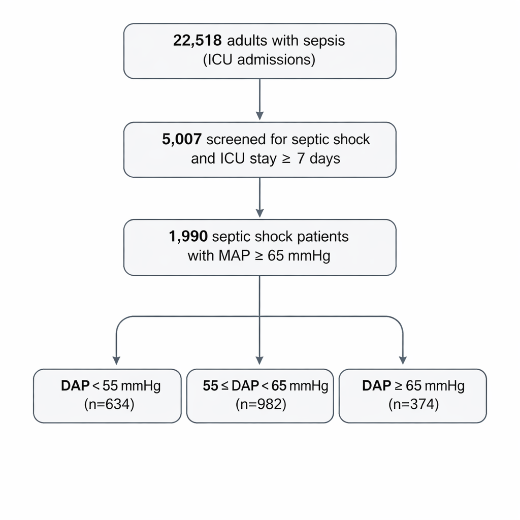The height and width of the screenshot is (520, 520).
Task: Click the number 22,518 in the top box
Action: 197,41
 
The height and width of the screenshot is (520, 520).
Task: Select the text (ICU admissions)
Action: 259,60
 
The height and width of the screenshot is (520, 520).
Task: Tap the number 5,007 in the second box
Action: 182,140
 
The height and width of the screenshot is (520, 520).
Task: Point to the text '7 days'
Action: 318,158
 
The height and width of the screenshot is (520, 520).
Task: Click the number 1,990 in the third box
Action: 188,237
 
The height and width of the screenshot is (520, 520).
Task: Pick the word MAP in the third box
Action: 235,255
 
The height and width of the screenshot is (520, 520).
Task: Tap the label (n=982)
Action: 260,405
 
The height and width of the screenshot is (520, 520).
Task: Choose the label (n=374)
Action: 413,405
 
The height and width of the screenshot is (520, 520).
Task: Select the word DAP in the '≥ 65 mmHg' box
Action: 376,386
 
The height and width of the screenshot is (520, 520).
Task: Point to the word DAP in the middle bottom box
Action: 245,386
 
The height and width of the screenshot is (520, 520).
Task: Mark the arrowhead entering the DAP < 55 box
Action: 116,360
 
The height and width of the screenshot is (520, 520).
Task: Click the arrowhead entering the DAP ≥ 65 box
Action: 403,360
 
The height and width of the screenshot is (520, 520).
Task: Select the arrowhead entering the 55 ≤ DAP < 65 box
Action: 259,360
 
